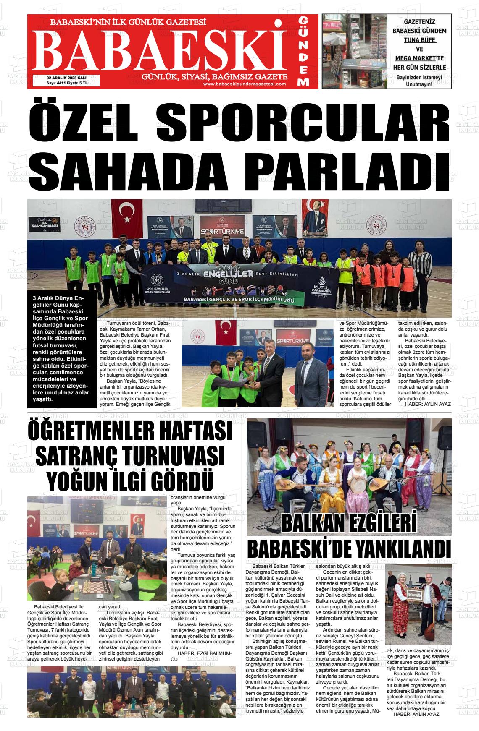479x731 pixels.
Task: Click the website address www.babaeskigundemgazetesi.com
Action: [x=244, y=84]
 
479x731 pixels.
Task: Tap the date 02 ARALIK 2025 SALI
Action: [x=66, y=78]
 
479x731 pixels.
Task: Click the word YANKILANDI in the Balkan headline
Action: [x=403, y=549]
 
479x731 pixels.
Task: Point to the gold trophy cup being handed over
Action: [x=252, y=376]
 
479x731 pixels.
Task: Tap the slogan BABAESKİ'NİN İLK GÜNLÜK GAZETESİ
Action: [x=128, y=22]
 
